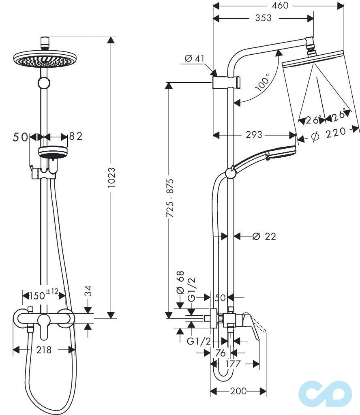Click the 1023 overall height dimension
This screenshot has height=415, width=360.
click(112, 177)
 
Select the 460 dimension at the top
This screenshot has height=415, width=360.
click(280, 6)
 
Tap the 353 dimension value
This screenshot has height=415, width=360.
click(264, 18)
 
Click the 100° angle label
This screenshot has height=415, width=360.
click(262, 83)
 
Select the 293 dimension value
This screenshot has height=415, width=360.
click(254, 135)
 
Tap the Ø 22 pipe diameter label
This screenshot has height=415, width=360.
click(264, 236)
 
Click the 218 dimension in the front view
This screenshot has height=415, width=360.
click(44, 349)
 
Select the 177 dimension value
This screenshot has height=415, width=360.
click(233, 364)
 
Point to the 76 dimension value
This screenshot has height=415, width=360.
click(220, 353)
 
